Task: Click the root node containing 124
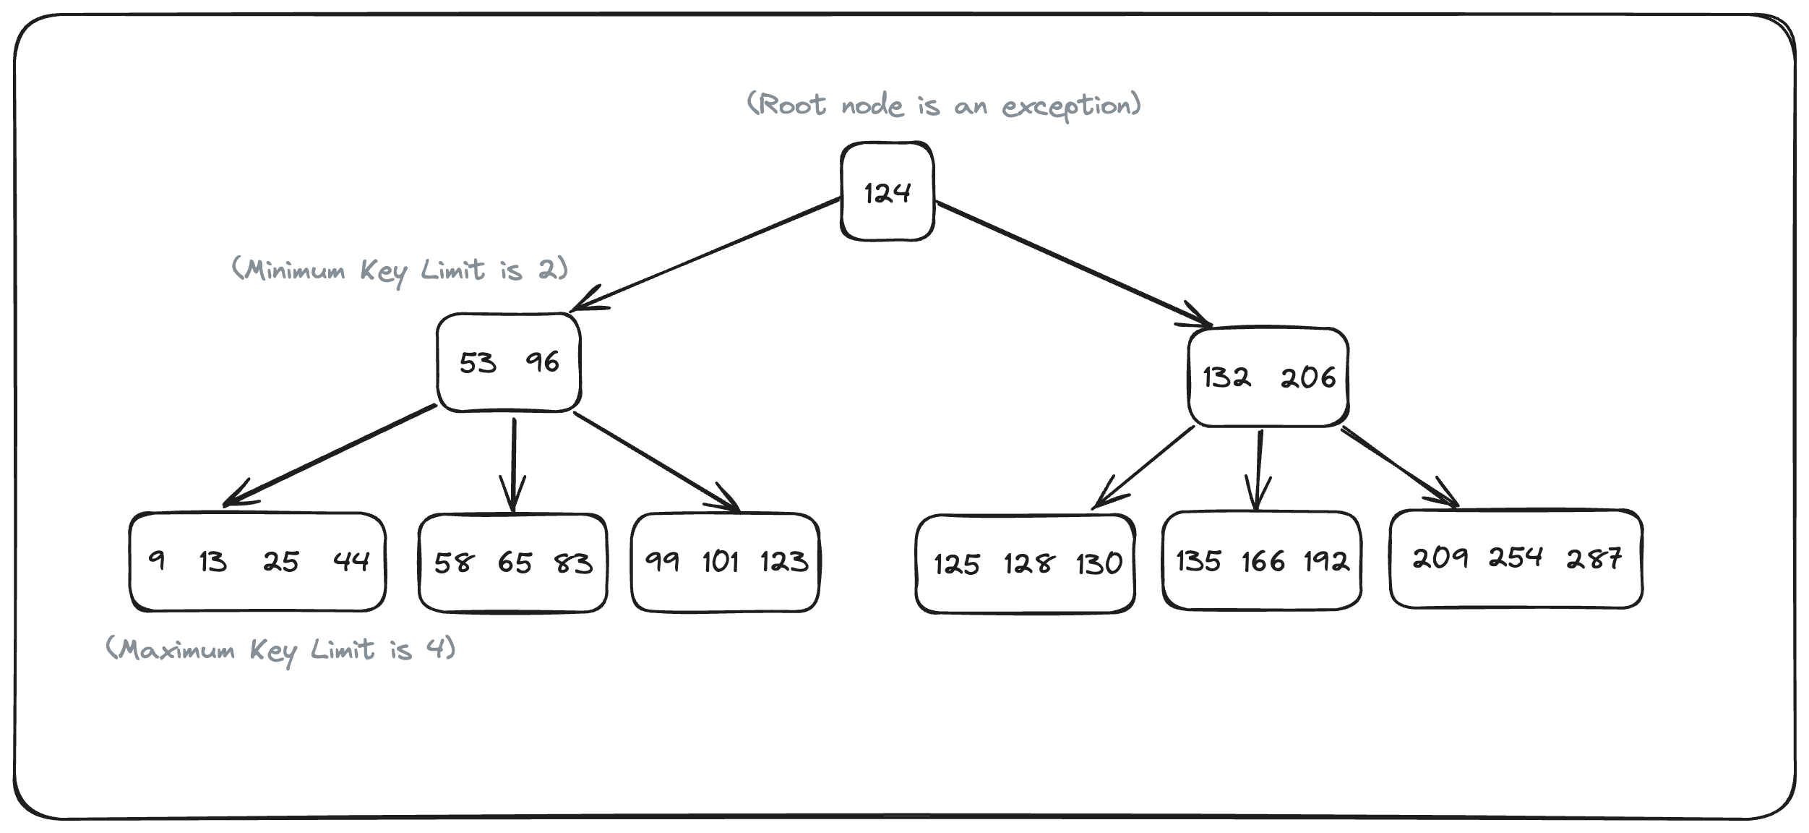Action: [887, 192]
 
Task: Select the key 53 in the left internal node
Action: [478, 363]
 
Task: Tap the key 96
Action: [542, 362]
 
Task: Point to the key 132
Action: [1226, 377]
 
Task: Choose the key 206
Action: [1308, 377]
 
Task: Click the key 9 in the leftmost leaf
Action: [156, 560]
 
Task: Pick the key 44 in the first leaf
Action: [351, 561]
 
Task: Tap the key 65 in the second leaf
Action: [515, 563]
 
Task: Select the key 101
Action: [721, 561]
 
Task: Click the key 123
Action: [784, 562]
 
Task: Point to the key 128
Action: [1028, 563]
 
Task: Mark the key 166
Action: [1263, 561]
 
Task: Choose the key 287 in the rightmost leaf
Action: [1594, 558]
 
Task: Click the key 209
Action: [1440, 558]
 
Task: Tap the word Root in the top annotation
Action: [793, 106]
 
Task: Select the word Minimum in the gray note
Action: [295, 270]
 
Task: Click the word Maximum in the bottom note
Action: [177, 650]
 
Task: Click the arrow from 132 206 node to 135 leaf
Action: [1259, 470]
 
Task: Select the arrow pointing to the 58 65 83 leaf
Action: [513, 463]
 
